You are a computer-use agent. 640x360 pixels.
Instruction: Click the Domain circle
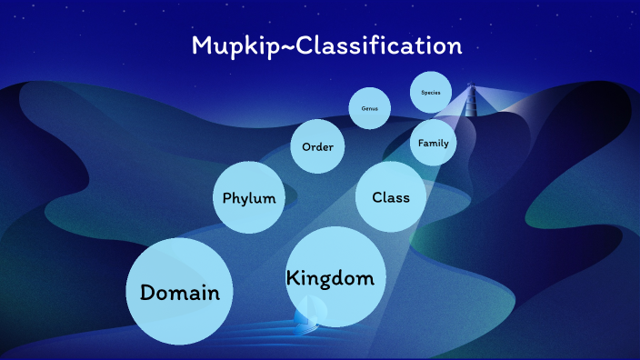click(179, 292)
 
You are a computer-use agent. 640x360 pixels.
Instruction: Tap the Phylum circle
click(249, 197)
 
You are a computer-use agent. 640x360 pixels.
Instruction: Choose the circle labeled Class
click(391, 196)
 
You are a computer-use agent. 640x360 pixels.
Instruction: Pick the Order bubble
click(317, 146)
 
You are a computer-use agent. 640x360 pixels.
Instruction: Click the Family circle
click(433, 144)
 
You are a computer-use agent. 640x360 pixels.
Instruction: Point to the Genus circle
click(370, 108)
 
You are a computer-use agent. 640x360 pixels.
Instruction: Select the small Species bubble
click(431, 92)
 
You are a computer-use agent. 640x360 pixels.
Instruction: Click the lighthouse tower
click(472, 102)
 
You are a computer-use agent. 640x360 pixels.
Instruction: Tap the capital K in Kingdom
click(294, 278)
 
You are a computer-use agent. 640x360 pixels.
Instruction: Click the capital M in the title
click(202, 45)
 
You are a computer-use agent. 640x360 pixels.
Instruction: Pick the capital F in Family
click(421, 144)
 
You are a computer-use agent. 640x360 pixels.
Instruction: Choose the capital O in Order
click(306, 146)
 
